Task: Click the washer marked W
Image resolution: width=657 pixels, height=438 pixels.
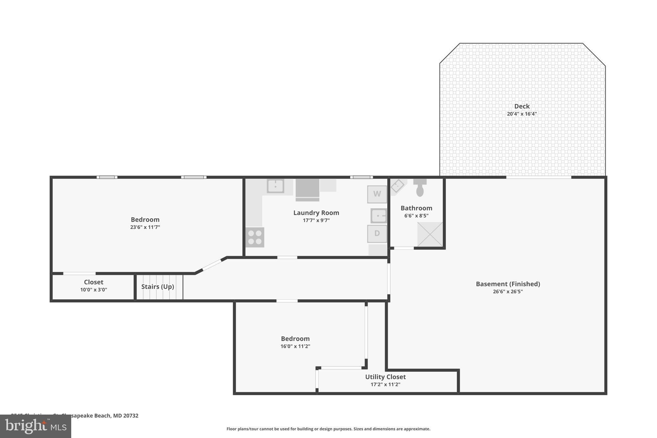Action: pos(377,194)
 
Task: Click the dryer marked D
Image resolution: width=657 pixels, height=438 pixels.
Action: pos(377,234)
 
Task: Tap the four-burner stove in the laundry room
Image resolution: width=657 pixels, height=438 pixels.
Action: pos(255,237)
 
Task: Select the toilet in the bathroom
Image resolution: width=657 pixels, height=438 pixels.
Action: pos(420,188)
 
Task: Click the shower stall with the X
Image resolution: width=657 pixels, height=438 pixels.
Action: pos(430,234)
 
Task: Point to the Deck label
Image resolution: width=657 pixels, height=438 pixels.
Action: pos(522,106)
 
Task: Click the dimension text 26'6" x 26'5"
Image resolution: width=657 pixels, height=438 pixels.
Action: pos(508,292)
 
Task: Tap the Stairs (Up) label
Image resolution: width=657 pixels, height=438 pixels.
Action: pos(158,287)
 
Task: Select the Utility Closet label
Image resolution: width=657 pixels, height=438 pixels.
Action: pos(385,377)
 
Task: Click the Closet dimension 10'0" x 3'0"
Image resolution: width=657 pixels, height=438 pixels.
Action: pos(93,290)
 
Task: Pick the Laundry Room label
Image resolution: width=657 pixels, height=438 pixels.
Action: pos(316,213)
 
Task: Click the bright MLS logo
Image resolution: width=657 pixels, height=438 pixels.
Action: pos(36,426)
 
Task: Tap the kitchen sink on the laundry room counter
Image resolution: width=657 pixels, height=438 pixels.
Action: pos(275,186)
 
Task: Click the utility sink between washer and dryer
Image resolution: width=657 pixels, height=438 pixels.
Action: pos(379,216)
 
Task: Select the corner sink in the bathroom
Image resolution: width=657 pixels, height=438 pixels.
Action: pos(397,186)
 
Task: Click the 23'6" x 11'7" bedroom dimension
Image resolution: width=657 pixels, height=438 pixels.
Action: pos(145,227)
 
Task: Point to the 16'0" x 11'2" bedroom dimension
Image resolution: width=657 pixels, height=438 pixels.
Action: pos(295,346)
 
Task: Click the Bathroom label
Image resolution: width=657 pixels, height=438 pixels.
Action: pos(416,208)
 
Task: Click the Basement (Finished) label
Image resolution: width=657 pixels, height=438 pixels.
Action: pos(508,284)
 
